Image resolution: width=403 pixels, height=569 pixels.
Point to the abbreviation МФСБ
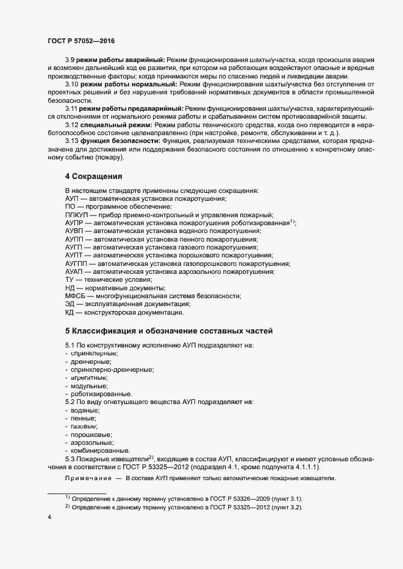[76, 296]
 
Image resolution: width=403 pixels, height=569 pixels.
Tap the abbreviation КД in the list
[70, 312]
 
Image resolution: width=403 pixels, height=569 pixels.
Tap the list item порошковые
[91, 435]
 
